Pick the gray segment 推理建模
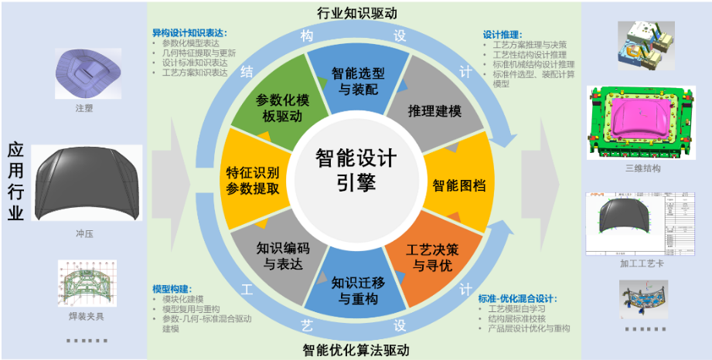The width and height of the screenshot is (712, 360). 434,110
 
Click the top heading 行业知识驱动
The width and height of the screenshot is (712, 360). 356,13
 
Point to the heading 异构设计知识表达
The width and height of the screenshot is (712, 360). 189,33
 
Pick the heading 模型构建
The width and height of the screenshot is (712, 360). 171,288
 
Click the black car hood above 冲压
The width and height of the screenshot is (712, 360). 84,183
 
